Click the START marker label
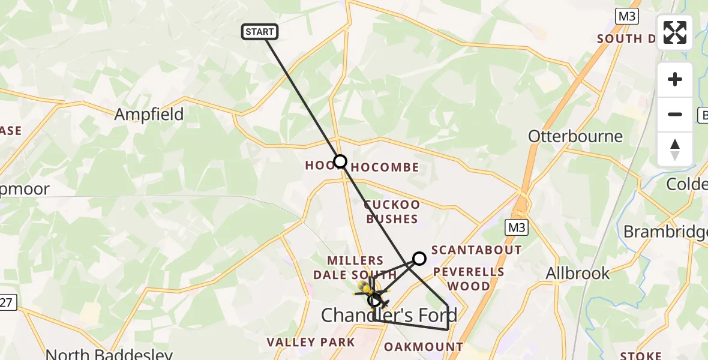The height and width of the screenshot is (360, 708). click(x=260, y=32)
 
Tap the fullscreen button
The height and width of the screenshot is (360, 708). click(x=675, y=32)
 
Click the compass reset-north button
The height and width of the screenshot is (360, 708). click(x=675, y=149)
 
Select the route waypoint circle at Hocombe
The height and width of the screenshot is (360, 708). click(x=340, y=161)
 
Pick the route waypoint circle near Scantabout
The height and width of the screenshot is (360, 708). click(x=419, y=259)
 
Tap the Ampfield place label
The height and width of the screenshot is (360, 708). click(x=149, y=115)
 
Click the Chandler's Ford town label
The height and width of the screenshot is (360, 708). click(x=389, y=314)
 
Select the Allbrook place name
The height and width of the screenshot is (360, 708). click(x=578, y=274)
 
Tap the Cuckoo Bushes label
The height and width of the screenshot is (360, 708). click(x=391, y=212)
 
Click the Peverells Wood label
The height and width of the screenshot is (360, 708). click(x=469, y=279)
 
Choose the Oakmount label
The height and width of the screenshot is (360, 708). click(x=424, y=347)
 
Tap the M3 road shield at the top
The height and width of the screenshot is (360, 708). click(x=627, y=16)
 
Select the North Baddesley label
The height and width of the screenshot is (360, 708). click(x=109, y=354)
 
